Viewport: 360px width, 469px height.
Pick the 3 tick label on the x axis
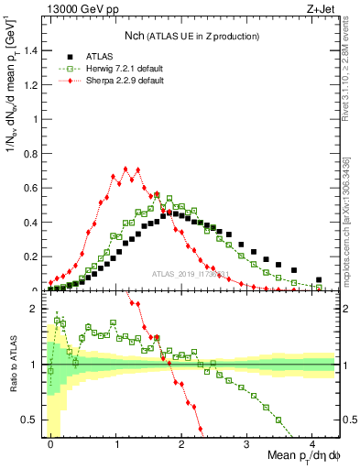pos(247,442)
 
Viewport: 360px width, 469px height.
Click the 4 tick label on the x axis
pos(312,442)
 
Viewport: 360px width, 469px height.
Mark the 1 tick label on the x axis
pos(116,442)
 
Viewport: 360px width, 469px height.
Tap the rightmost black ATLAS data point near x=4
pos(319,280)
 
